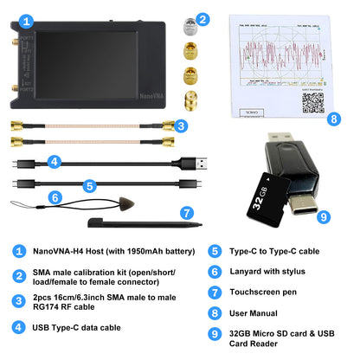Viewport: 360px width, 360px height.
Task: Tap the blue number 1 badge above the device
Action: [x=28, y=19]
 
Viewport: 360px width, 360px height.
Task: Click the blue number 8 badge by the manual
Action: [x=333, y=119]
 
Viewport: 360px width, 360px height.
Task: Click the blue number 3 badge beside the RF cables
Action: [x=179, y=126]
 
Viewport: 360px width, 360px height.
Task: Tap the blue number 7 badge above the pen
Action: [x=185, y=212]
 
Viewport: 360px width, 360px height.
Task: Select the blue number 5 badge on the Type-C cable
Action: [x=88, y=184]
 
